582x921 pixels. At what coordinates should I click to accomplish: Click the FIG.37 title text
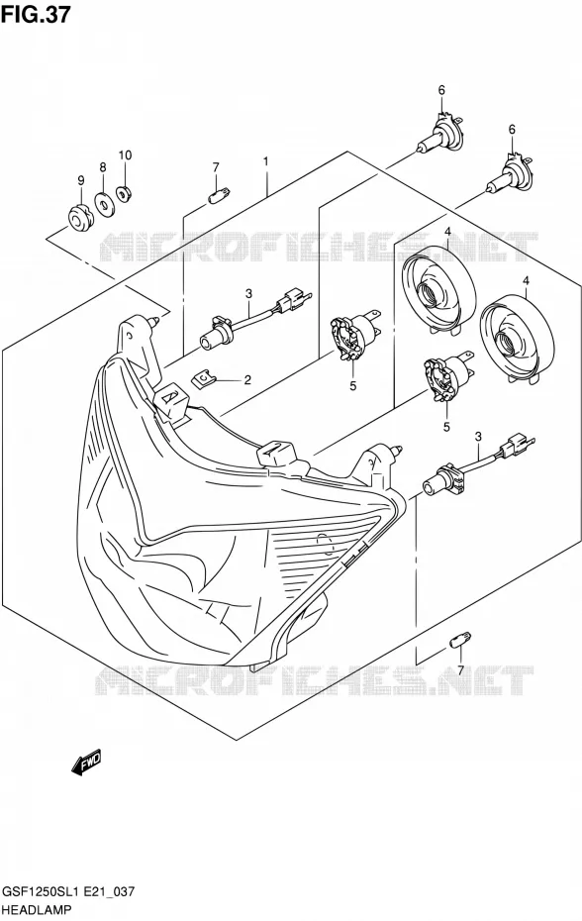[36, 14]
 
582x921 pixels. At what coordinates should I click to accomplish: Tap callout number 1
[265, 161]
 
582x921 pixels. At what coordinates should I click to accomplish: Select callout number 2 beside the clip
[247, 380]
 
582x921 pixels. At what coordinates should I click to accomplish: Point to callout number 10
[125, 155]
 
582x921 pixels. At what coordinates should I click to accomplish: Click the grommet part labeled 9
[79, 218]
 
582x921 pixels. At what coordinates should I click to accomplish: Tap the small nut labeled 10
[124, 193]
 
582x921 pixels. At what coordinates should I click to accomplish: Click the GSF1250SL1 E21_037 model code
[68, 892]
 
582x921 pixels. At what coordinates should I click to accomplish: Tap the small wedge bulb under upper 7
[219, 194]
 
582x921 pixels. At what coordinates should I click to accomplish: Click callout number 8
[103, 167]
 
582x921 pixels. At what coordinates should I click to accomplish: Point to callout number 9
[81, 179]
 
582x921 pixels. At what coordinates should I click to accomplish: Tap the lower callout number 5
[447, 427]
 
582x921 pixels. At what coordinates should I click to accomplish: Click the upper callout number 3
[249, 294]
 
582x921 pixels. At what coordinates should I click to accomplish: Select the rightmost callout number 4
[527, 282]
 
